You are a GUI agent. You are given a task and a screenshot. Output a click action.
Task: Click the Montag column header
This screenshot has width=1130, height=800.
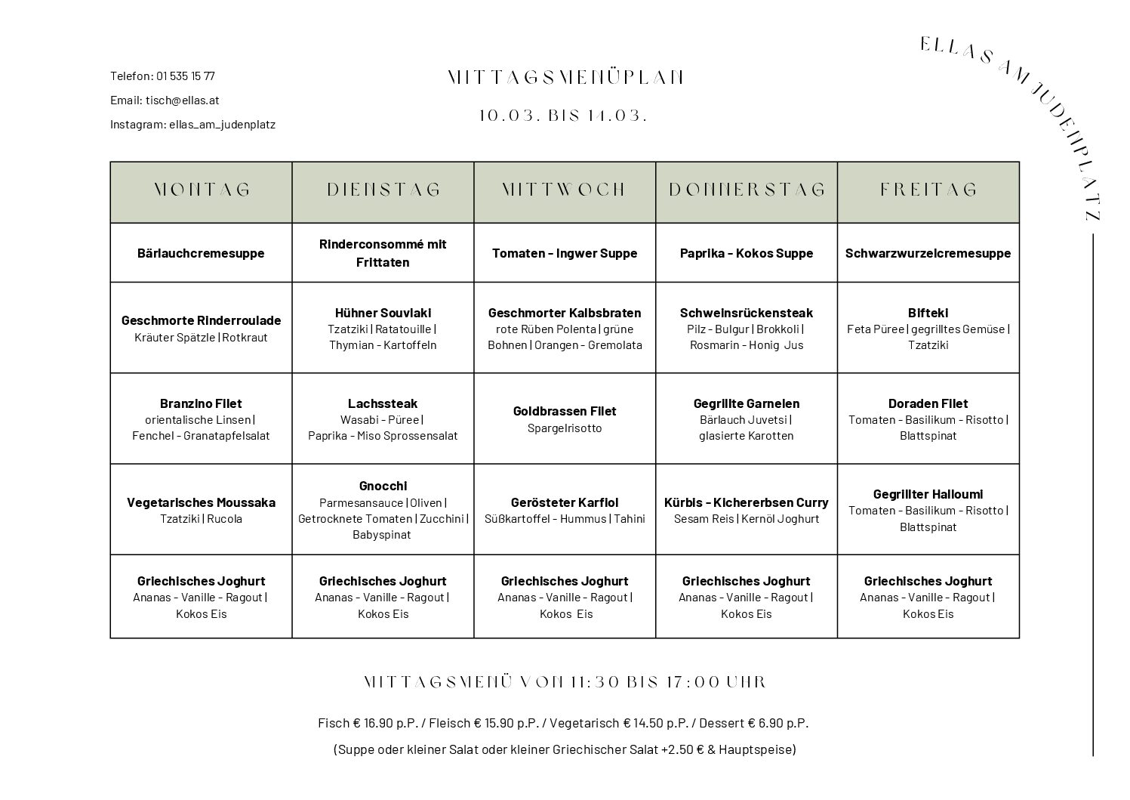click(x=202, y=190)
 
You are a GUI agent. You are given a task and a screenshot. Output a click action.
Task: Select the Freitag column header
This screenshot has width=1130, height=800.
click(x=928, y=190)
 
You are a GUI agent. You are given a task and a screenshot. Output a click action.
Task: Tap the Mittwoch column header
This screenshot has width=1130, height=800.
click(x=565, y=190)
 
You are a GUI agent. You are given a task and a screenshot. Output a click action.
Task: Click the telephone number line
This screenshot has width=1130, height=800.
click(x=162, y=76)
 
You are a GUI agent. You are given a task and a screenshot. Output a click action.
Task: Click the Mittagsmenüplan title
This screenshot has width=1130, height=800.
click(x=565, y=78)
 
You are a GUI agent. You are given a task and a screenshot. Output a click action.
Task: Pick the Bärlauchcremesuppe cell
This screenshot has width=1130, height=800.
click(x=201, y=253)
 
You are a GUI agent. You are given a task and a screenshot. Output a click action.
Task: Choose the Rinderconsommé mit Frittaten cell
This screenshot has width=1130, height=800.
click(x=383, y=253)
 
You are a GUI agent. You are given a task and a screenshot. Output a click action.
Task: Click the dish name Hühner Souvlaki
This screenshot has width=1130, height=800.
click(x=383, y=313)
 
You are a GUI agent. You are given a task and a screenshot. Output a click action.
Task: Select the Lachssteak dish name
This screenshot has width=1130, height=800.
click(x=383, y=403)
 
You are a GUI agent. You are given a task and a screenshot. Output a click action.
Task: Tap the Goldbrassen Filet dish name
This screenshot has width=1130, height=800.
click(x=565, y=411)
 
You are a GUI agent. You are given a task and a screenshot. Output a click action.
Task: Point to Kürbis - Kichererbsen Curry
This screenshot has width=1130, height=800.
click(x=746, y=502)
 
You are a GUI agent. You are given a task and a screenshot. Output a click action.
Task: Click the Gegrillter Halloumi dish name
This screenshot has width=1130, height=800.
click(x=928, y=494)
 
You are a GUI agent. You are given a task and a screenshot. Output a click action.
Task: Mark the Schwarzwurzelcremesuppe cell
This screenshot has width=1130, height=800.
click(x=928, y=253)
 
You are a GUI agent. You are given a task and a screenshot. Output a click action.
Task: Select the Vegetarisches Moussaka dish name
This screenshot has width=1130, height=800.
click(x=201, y=502)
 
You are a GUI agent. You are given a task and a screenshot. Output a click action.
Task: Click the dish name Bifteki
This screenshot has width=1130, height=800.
click(x=928, y=313)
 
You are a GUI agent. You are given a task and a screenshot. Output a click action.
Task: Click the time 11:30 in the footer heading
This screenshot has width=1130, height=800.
click(x=592, y=682)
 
